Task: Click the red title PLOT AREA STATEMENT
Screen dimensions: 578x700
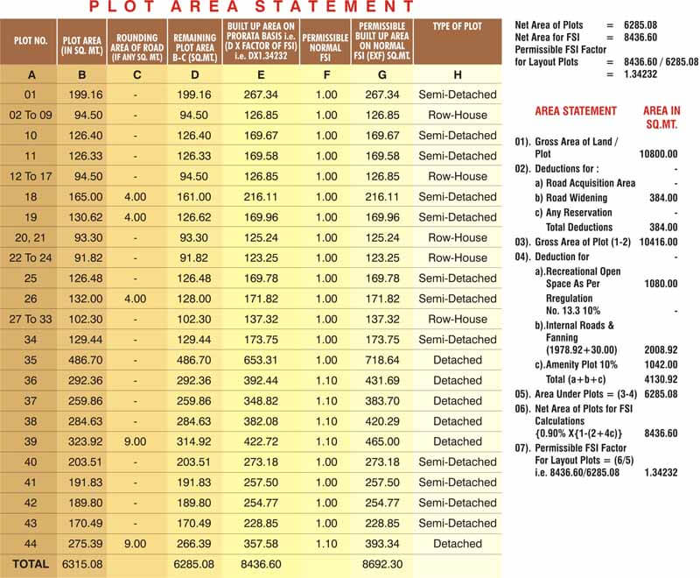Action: click(x=252, y=8)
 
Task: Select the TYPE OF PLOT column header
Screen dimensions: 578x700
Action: click(x=457, y=27)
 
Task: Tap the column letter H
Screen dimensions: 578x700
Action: click(x=457, y=74)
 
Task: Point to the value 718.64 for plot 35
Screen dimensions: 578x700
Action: click(x=382, y=360)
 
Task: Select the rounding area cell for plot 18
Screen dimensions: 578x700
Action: click(x=135, y=197)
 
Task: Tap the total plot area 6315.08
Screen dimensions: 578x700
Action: click(x=83, y=565)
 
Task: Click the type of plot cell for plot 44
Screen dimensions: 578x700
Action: click(x=457, y=544)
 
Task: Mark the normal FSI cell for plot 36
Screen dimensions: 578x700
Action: click(x=325, y=381)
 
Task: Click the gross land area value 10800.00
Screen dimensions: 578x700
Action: click(x=657, y=153)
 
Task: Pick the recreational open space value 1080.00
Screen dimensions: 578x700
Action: click(x=660, y=284)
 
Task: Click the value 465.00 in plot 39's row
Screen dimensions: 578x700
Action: click(x=382, y=442)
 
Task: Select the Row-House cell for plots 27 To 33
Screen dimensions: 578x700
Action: click(x=457, y=320)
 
